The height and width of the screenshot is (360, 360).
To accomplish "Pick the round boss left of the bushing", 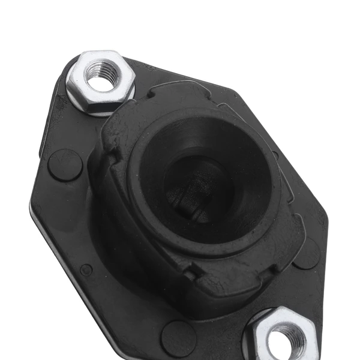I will pyautogui.click(x=65, y=164).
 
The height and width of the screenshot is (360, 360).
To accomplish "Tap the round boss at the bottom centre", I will pyautogui.click(x=178, y=336).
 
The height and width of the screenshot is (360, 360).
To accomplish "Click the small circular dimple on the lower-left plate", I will pyautogui.click(x=86, y=270).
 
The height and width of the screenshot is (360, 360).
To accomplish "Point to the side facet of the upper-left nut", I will pyautogui.click(x=78, y=96).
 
